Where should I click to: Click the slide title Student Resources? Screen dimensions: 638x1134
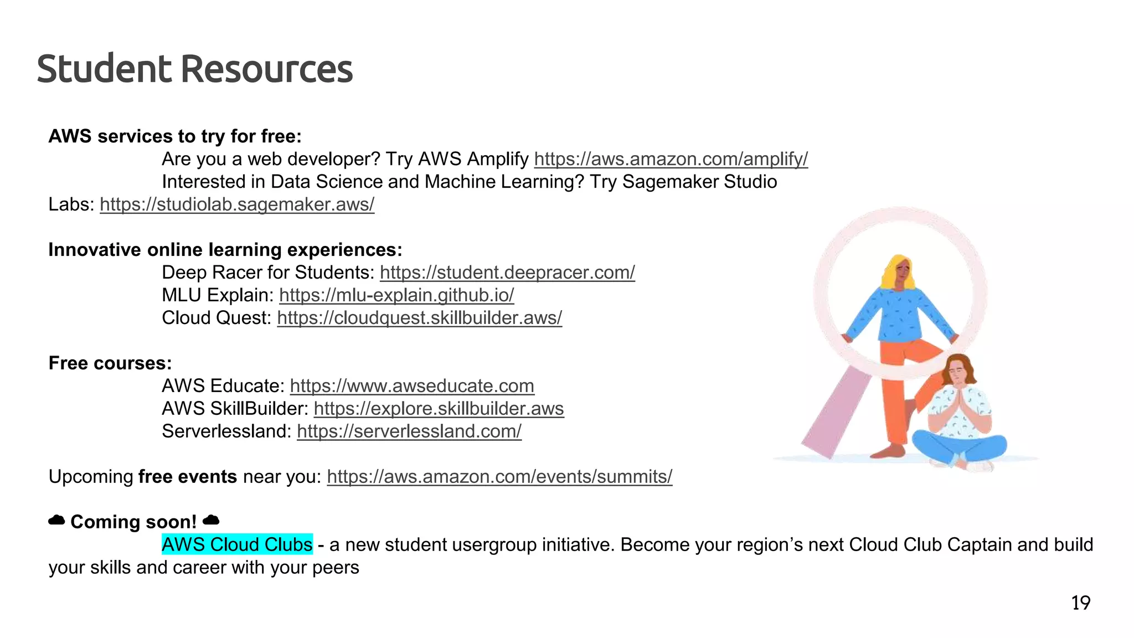tap(194, 69)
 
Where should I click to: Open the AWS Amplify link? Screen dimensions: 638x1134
tap(671, 159)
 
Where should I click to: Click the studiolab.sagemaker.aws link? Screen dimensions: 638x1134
tap(237, 205)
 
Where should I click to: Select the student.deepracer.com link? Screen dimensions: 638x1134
tap(507, 273)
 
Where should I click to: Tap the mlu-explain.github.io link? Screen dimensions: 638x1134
tap(396, 296)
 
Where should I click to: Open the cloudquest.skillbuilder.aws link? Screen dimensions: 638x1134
tap(419, 318)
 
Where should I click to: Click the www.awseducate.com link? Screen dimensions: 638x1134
tap(412, 387)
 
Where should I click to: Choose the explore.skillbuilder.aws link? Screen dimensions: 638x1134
tap(439, 409)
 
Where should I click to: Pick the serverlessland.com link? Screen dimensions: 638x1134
tap(409, 432)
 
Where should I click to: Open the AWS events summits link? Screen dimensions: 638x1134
tap(499, 477)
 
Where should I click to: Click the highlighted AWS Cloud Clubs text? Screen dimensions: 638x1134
tap(237, 545)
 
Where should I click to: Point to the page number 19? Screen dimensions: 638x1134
tap(1080, 603)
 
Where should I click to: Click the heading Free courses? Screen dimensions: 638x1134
tap(110, 363)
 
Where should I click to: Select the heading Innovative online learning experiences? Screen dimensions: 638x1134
tap(225, 250)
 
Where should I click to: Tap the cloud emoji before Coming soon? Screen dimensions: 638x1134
tap(56, 521)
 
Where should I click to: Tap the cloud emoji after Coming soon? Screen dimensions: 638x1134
tap(211, 521)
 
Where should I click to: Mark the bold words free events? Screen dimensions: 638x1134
tap(187, 477)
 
